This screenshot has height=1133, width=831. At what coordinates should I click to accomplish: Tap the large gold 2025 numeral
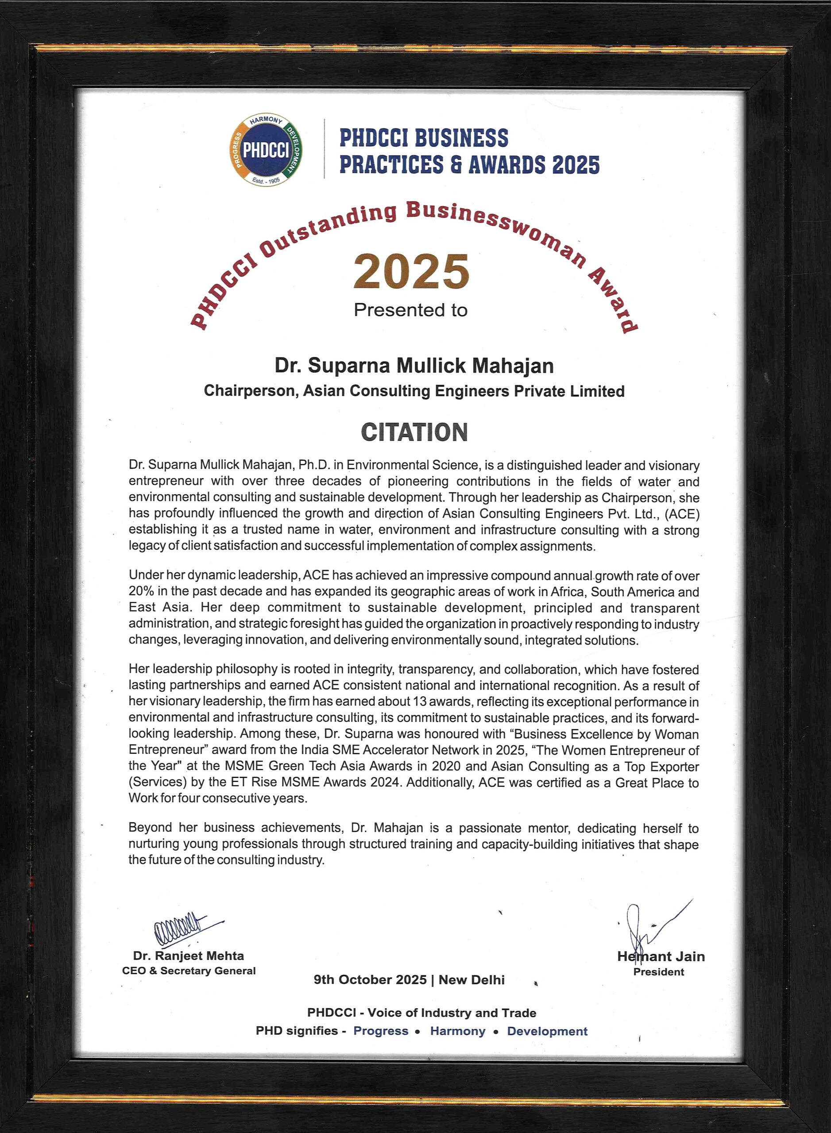[411, 272]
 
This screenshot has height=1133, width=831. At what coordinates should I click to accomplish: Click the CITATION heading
[414, 432]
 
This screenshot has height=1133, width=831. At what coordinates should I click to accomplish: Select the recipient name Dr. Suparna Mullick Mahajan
[414, 366]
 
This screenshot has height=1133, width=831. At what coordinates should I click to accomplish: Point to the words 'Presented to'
[410, 310]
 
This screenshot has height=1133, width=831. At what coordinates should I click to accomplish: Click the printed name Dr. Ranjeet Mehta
[189, 956]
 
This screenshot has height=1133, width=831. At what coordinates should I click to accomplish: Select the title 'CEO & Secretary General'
[189, 971]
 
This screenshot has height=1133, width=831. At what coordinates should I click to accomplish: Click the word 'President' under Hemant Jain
[658, 971]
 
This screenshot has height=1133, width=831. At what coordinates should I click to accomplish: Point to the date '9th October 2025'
[370, 979]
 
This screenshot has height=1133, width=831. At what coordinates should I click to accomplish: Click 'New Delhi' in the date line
[472, 979]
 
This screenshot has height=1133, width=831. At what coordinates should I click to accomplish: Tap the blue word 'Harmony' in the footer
[458, 1031]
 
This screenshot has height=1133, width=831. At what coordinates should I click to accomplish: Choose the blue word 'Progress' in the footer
[381, 1031]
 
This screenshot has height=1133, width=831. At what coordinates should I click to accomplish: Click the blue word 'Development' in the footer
[547, 1031]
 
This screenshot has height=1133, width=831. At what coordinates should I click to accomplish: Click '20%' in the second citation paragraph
[141, 591]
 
